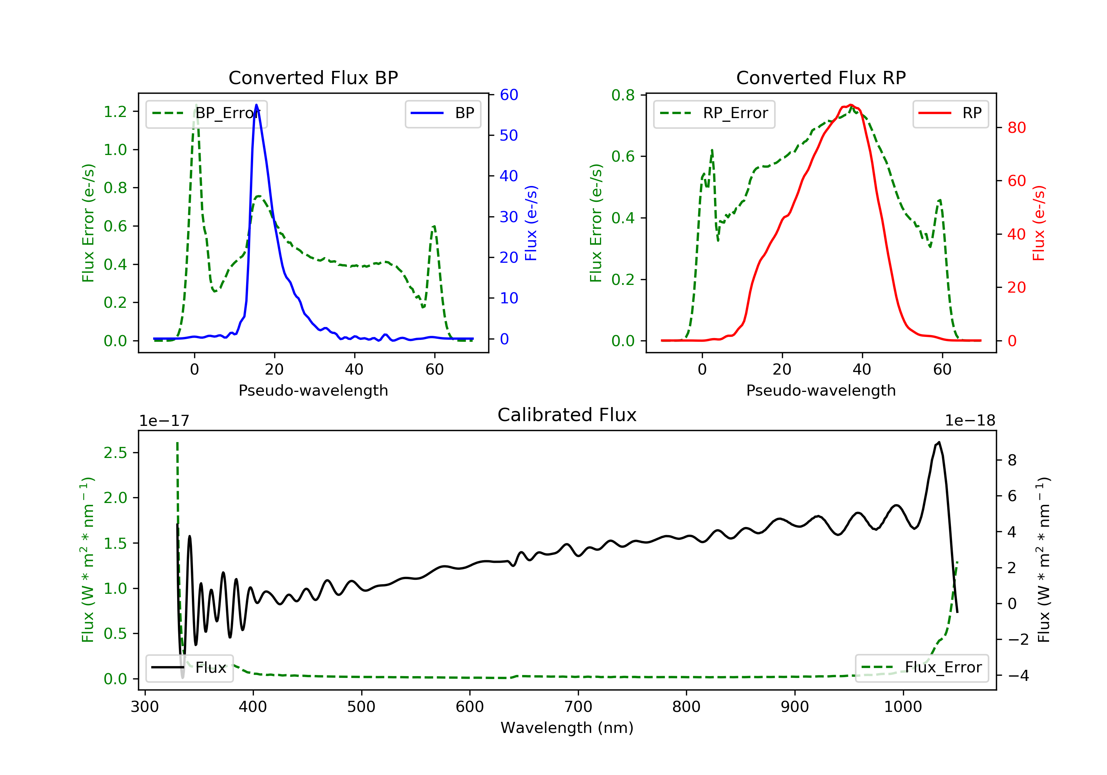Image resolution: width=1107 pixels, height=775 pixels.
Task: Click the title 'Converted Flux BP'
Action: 313,77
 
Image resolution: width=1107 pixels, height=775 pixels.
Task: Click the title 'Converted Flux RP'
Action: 821,77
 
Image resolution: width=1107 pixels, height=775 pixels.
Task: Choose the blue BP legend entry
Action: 442,113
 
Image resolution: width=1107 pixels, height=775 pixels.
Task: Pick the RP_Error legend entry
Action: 714,113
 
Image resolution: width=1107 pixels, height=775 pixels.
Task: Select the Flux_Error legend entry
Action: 921,668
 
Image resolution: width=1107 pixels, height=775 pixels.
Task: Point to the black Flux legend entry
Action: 190,668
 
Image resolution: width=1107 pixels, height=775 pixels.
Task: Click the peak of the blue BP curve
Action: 256,105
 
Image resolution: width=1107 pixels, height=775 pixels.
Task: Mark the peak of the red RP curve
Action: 851,105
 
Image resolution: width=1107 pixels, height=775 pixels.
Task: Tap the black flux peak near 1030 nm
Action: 939,442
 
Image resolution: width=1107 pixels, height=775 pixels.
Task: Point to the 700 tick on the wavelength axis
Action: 578,706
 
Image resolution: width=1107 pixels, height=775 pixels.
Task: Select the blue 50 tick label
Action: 508,135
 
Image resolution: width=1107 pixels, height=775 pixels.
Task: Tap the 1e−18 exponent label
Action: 970,421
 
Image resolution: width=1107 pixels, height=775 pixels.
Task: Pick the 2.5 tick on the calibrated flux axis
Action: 115,452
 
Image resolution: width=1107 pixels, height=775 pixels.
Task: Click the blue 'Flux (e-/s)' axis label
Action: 531,223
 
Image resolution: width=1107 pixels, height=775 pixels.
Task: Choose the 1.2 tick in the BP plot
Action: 115,111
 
